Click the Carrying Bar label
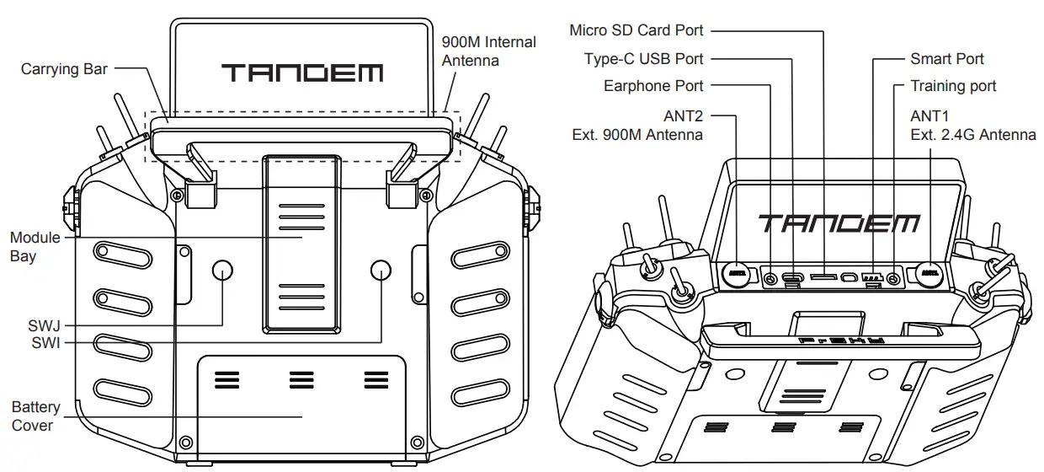pos(64,69)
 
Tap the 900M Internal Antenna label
pos(488,51)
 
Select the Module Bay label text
pos(35,246)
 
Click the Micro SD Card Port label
pos(636,30)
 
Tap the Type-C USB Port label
pos(643,59)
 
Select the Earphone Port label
pos(653,86)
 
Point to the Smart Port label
pos(946,59)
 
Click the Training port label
pos(953,86)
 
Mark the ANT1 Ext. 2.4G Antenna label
pos(972,124)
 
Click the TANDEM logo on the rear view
pos(302,72)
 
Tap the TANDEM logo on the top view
pos(839,223)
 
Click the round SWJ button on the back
pos(222,270)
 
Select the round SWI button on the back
pos(381,270)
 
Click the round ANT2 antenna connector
pos(738,272)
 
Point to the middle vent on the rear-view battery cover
pos(301,380)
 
